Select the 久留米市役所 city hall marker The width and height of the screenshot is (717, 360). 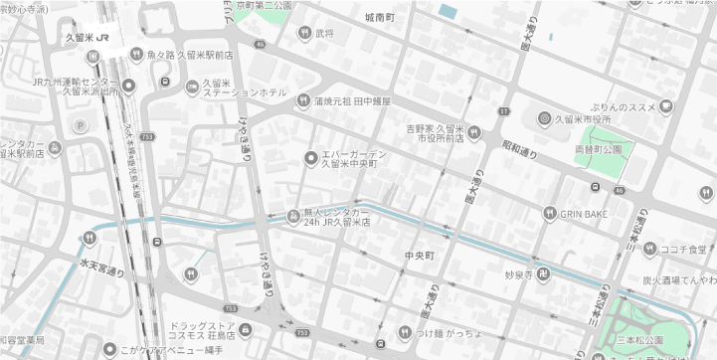tap(545, 119)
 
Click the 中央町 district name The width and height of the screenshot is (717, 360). tap(420, 256)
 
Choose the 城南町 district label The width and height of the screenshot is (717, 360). tap(380, 18)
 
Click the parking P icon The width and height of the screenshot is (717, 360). tap(81, 125)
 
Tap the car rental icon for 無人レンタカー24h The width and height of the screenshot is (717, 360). tap(293, 216)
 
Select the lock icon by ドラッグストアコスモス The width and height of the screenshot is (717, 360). tap(246, 329)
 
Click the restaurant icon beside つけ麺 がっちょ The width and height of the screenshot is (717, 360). tap(405, 332)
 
